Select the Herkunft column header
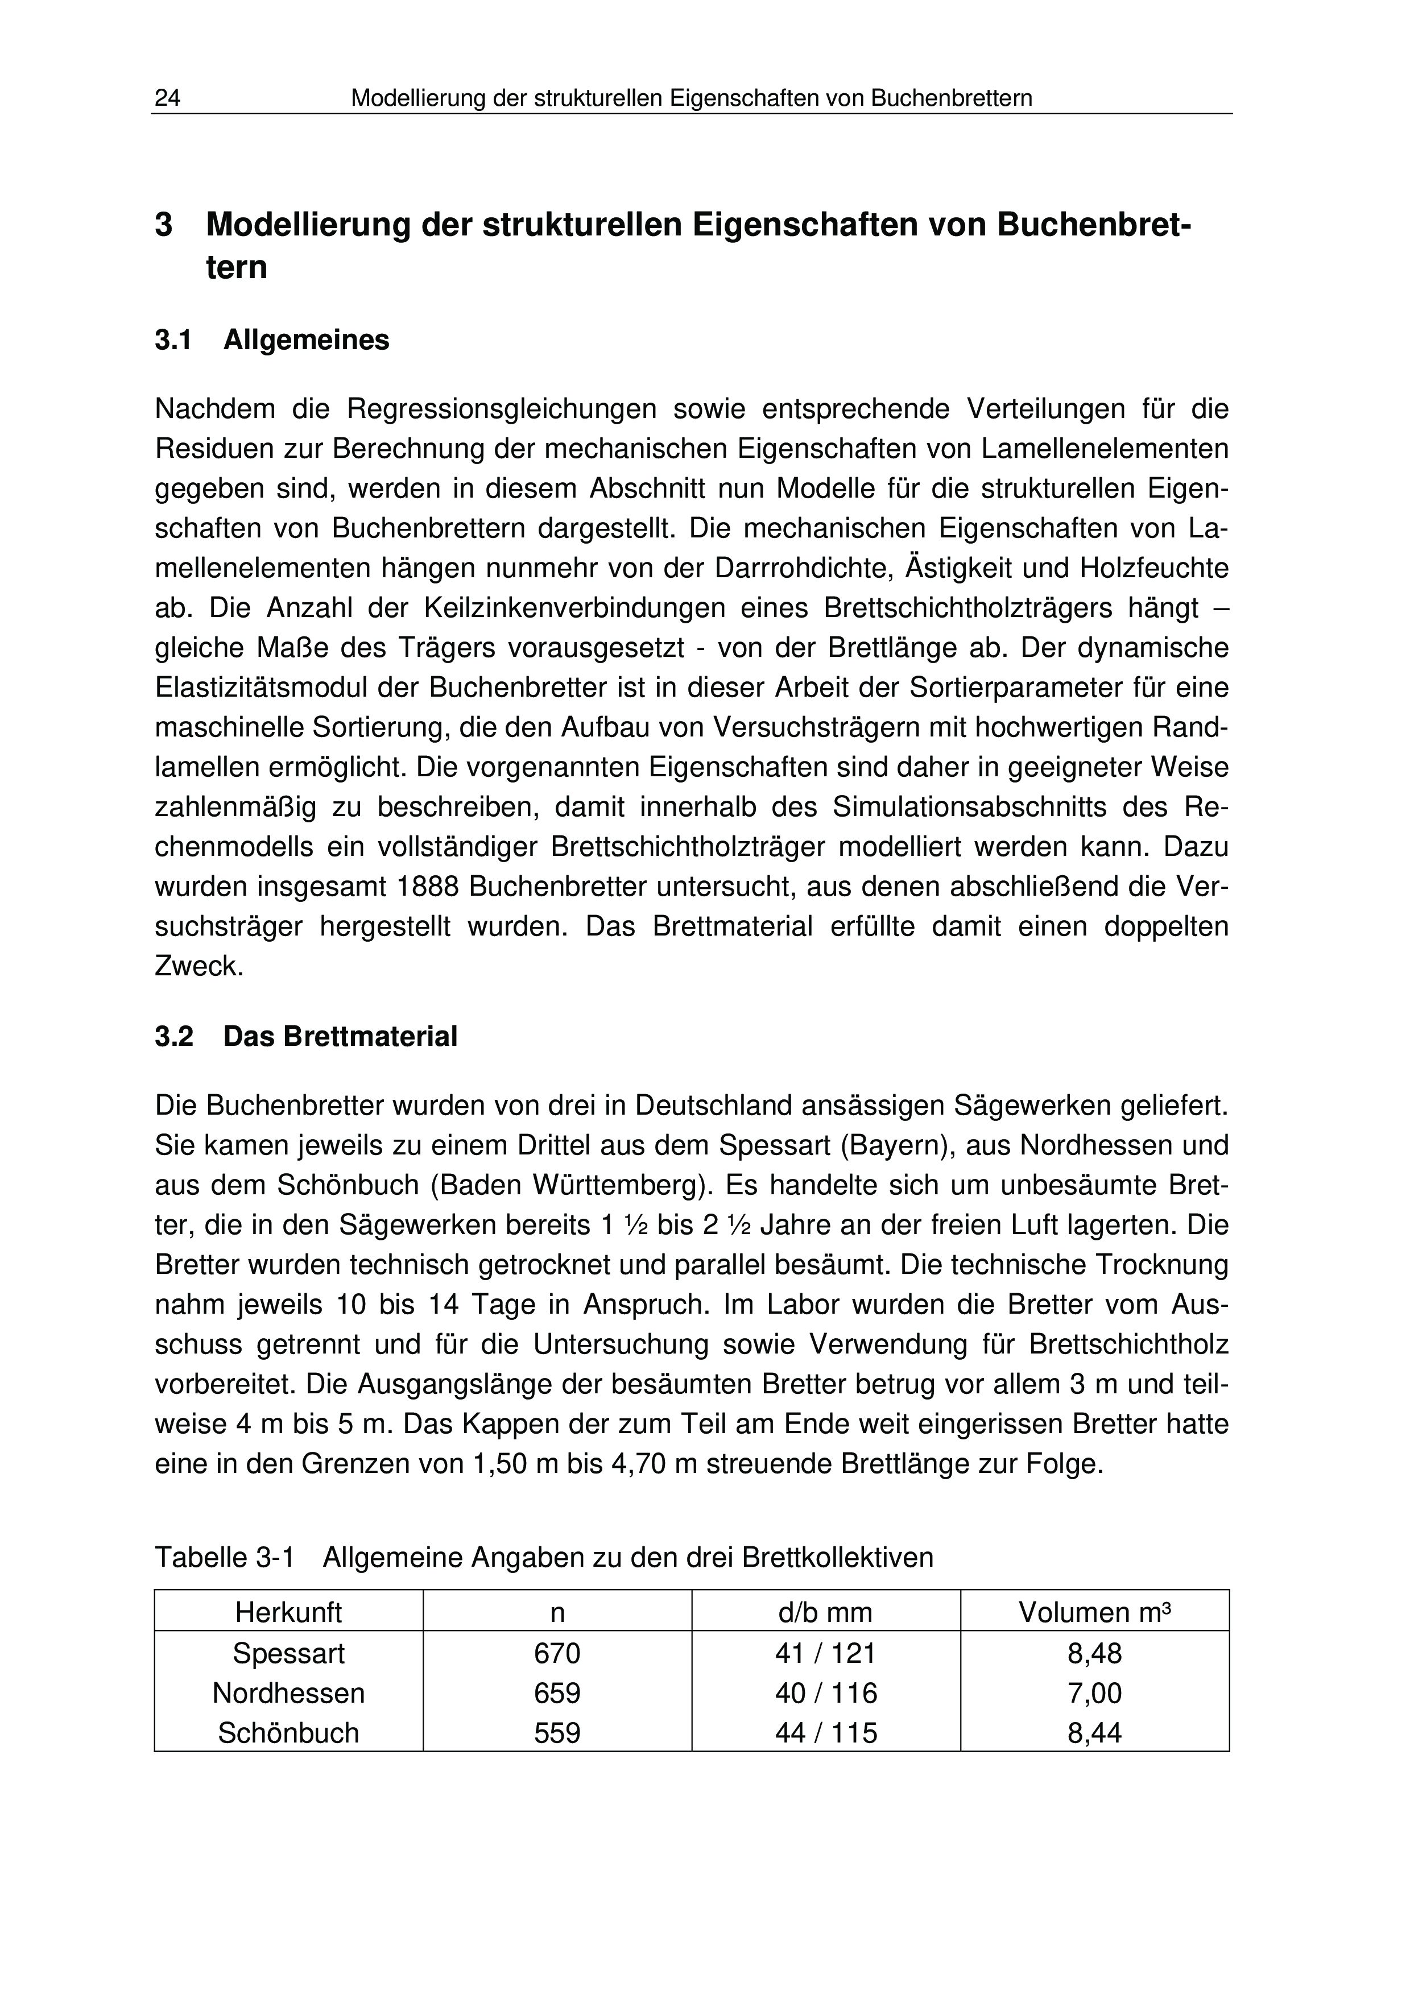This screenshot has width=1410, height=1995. tap(288, 1613)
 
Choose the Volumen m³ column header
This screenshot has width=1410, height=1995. tap(1095, 1613)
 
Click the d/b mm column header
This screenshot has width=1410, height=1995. tap(825, 1613)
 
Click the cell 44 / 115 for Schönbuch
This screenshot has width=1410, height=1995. tap(825, 1733)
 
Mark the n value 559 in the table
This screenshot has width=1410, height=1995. tap(557, 1733)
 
